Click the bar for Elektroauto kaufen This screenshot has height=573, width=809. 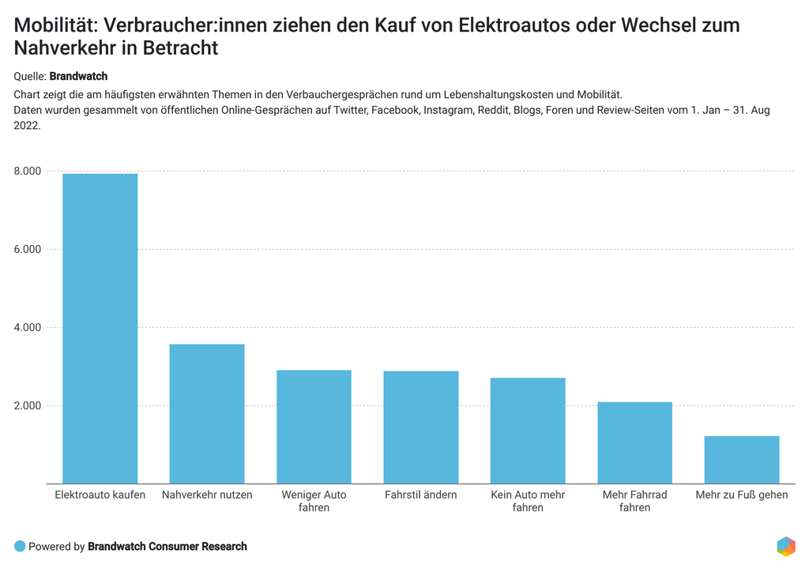(x=100, y=328)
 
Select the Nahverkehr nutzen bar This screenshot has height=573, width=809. (x=207, y=413)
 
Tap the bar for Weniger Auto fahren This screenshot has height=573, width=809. (x=314, y=427)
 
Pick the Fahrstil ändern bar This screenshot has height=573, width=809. (x=420, y=427)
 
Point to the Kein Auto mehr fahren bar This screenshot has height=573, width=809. (x=528, y=431)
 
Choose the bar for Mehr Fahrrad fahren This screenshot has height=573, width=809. (x=634, y=443)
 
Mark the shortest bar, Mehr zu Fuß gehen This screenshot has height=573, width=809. (x=742, y=459)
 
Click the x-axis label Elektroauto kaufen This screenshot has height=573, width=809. (x=100, y=496)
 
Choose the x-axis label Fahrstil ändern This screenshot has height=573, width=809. (x=420, y=496)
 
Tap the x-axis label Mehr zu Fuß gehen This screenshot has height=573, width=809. (x=742, y=496)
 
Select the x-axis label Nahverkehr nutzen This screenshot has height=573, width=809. (x=207, y=496)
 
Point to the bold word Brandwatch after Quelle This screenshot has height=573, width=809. (x=78, y=77)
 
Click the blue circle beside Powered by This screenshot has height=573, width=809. (x=20, y=546)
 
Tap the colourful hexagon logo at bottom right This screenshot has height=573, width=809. (x=786, y=546)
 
